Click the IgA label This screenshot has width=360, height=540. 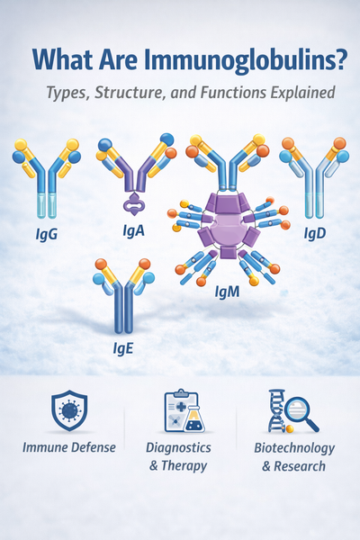click(x=132, y=231)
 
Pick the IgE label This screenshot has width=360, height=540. click(x=123, y=346)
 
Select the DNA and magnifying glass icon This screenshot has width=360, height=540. click(x=292, y=411)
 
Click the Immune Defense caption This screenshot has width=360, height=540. click(x=69, y=447)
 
